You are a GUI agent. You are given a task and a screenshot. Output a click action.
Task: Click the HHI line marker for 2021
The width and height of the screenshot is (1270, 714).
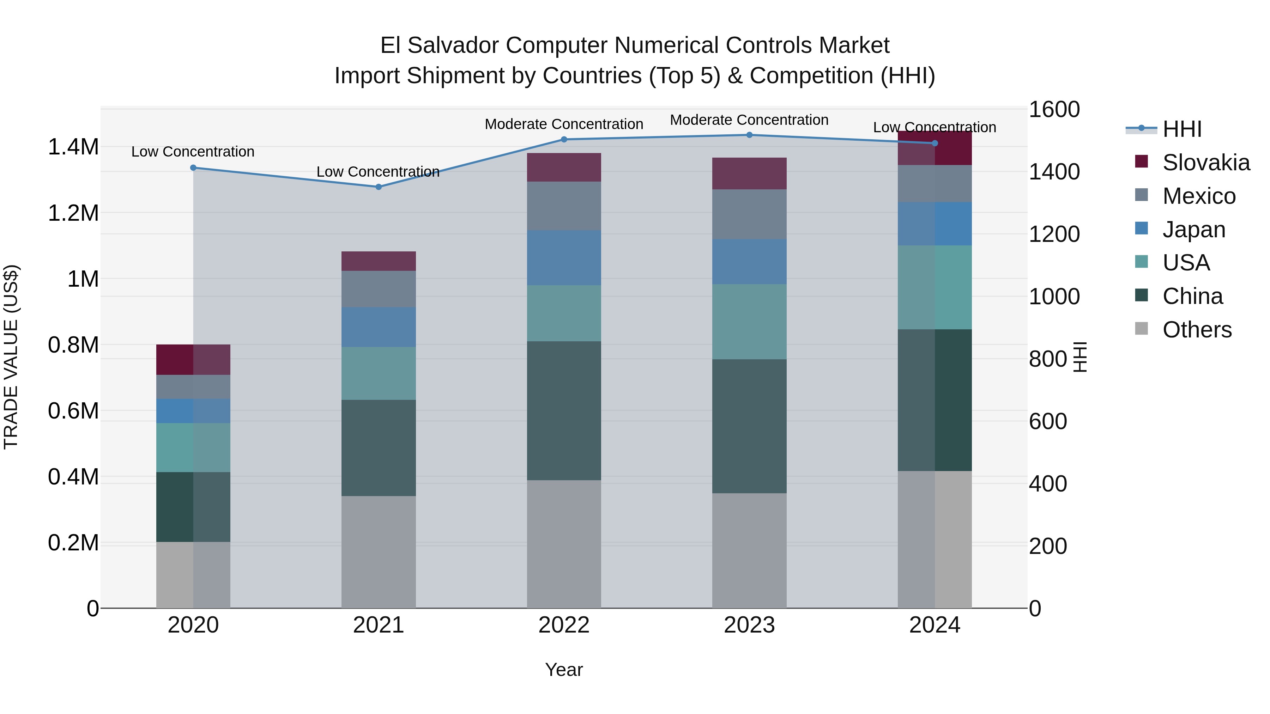tap(379, 187)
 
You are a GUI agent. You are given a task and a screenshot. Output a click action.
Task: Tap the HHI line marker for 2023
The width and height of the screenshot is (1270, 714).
tap(749, 135)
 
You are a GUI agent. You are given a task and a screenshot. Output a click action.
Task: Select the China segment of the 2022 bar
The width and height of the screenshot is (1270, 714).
tap(564, 410)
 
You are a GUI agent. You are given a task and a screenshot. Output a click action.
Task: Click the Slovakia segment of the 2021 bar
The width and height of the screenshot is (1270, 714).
tap(379, 261)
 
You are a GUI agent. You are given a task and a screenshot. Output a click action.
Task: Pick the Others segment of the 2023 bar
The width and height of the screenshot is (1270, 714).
tap(749, 550)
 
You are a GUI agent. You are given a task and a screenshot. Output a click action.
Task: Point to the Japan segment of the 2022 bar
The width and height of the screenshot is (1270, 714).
tap(564, 257)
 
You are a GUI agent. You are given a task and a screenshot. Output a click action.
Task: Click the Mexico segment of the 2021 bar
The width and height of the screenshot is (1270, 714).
tap(379, 289)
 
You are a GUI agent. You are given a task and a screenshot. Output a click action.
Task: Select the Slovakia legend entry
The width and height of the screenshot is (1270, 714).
tap(1205, 163)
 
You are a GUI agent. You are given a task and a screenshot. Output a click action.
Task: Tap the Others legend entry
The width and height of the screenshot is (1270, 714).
tap(1197, 330)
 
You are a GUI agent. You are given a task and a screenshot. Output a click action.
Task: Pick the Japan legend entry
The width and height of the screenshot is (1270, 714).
tap(1193, 230)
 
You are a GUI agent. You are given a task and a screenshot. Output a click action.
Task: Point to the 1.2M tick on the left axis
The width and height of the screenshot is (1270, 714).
tap(73, 213)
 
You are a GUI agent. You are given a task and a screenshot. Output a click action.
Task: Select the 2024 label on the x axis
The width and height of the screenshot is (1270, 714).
tap(934, 625)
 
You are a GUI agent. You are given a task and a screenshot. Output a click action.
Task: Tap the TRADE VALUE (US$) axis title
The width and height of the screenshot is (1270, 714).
tap(11, 357)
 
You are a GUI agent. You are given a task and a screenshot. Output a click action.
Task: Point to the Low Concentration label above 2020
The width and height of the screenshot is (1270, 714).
tap(193, 152)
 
